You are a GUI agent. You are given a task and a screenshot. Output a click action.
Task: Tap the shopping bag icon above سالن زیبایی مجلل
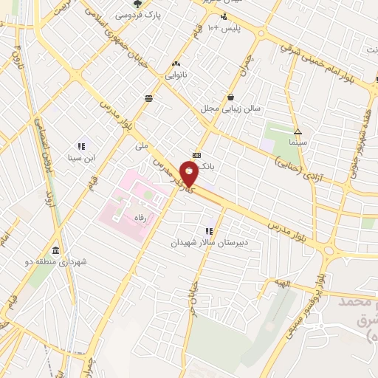click(x=231, y=97)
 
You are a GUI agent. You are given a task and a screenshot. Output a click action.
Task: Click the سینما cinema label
click(x=298, y=140)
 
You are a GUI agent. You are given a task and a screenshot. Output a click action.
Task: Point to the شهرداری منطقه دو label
click(x=57, y=261)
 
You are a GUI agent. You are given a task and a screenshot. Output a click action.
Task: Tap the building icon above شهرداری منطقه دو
click(x=57, y=250)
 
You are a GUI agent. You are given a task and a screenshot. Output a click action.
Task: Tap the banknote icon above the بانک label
click(x=196, y=155)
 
